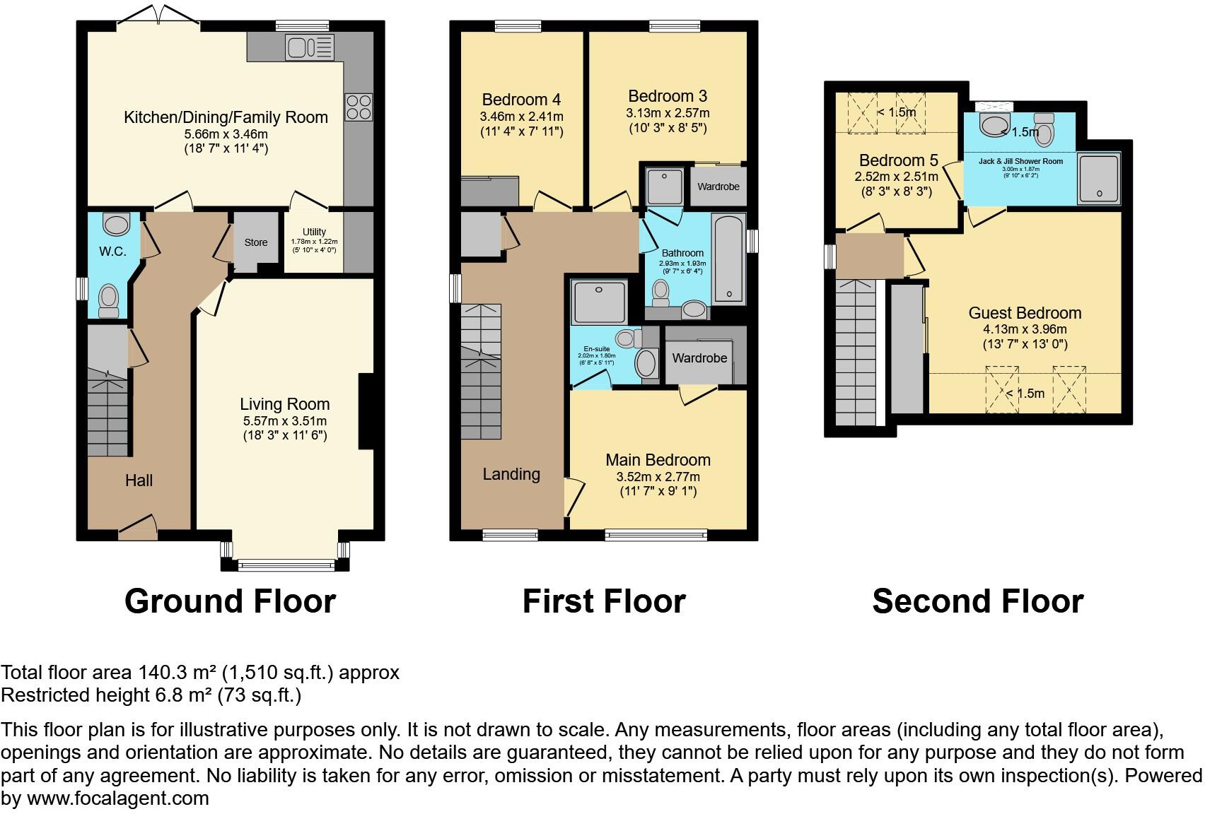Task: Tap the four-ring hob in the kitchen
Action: [358, 107]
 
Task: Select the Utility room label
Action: [314, 232]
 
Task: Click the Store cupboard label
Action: [256, 242]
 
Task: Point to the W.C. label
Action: [112, 251]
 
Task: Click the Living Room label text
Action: [284, 404]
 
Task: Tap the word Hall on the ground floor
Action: [139, 480]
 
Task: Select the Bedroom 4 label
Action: [521, 100]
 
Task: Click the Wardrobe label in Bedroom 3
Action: [718, 187]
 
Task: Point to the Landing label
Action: [511, 474]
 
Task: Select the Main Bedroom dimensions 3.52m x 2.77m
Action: [658, 476]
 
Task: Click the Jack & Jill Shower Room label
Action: [1020, 161]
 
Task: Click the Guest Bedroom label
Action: [1025, 313]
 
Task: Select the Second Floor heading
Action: [977, 601]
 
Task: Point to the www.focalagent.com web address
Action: [117, 798]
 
